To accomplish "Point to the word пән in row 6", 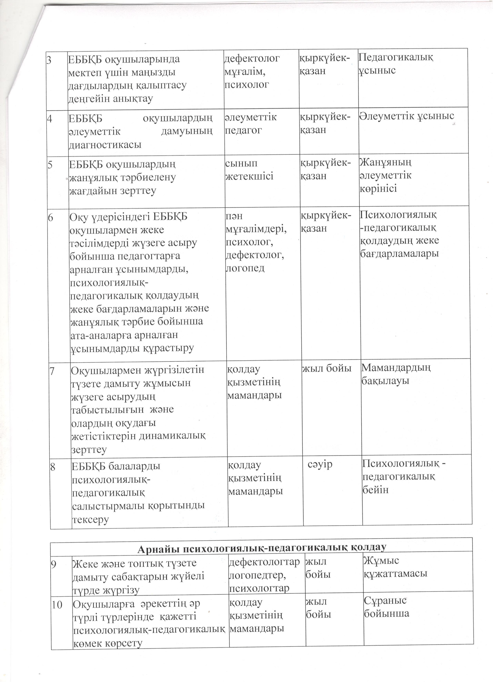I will click(234, 216).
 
